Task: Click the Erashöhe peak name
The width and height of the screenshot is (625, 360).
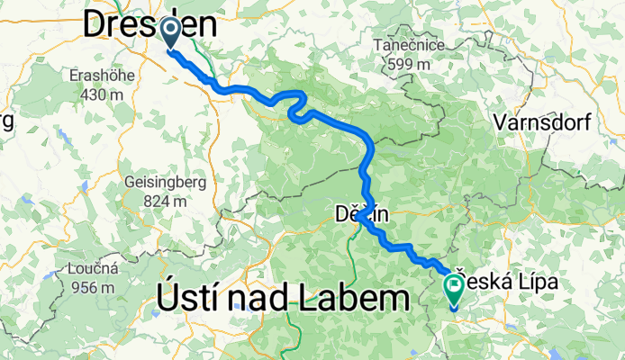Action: coord(103,76)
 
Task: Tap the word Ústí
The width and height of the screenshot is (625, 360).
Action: coord(188,296)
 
